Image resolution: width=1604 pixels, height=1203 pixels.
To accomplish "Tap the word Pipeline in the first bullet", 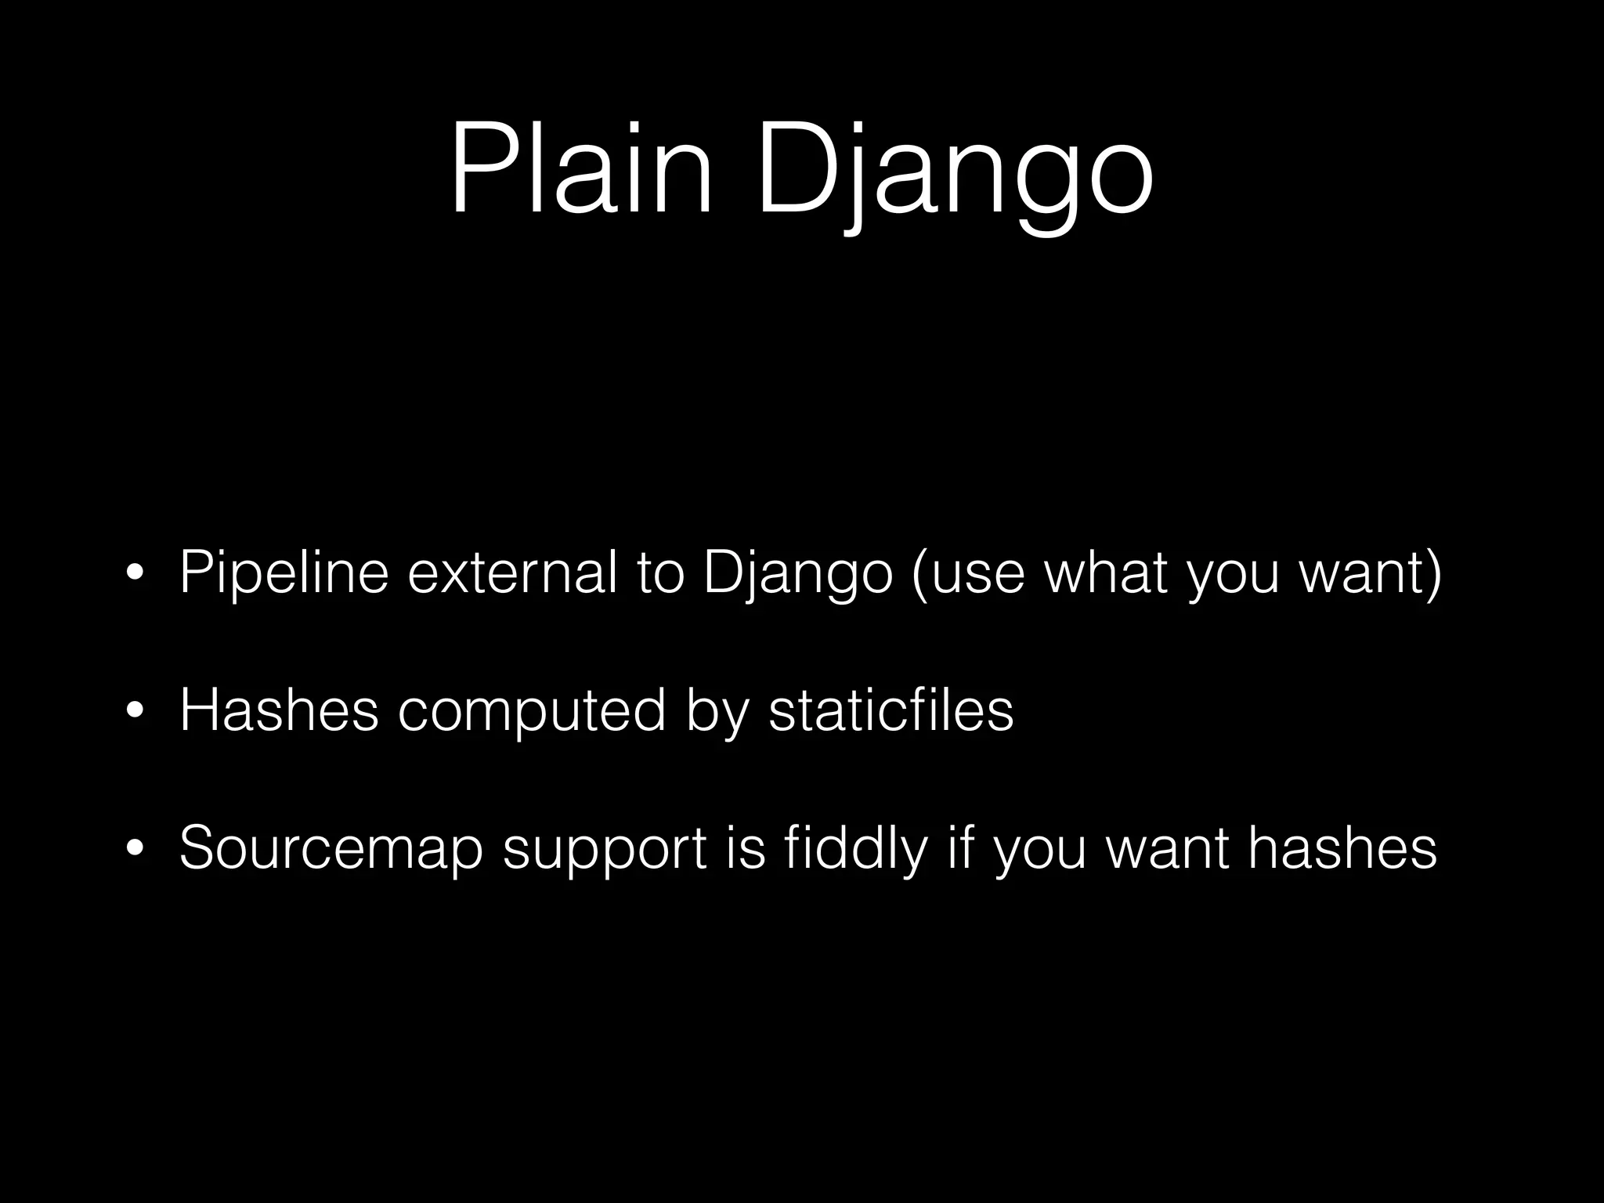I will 284,574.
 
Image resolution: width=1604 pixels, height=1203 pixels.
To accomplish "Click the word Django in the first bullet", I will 799,574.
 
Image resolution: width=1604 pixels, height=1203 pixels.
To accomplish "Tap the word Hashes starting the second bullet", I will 279,710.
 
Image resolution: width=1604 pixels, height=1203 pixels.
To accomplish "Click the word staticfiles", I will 891,710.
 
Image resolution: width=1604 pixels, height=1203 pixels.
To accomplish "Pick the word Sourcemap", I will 331,849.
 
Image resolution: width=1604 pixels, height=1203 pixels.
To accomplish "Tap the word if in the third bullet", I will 961,847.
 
